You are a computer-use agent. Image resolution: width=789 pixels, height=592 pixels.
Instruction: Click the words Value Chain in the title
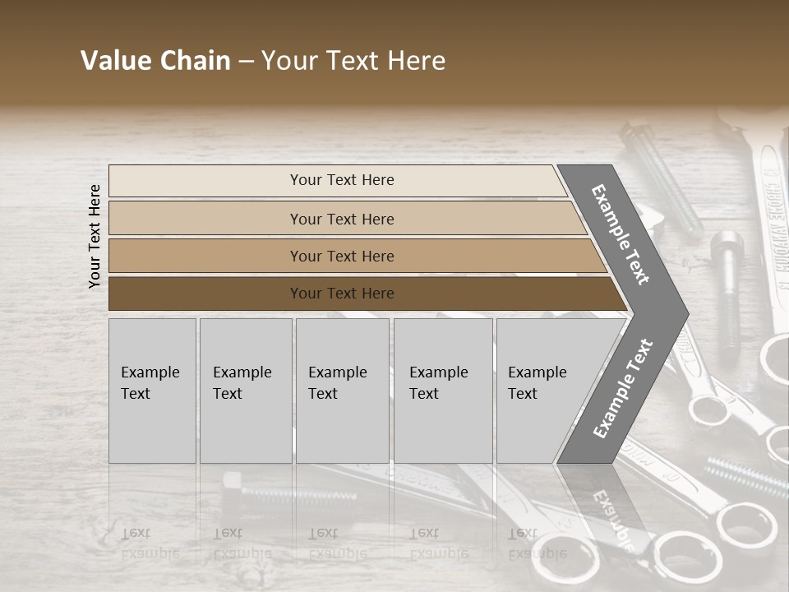click(x=155, y=61)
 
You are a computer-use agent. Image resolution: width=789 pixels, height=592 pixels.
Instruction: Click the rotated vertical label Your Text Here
click(x=95, y=236)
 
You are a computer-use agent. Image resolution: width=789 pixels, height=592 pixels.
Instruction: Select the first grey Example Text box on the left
click(x=152, y=390)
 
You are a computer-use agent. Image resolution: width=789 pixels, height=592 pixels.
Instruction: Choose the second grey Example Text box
click(x=246, y=390)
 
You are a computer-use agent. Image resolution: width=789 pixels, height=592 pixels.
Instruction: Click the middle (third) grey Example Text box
click(x=342, y=390)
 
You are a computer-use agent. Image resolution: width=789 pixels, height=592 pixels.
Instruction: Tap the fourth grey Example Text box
click(x=443, y=390)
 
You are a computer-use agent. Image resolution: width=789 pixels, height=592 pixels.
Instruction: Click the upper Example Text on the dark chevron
click(x=621, y=234)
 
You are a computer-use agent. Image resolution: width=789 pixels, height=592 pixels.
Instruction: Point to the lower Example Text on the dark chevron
click(x=623, y=388)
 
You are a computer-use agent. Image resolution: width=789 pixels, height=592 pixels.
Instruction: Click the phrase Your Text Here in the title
click(x=353, y=61)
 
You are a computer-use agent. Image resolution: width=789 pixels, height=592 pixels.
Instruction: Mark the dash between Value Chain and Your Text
click(x=246, y=62)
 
